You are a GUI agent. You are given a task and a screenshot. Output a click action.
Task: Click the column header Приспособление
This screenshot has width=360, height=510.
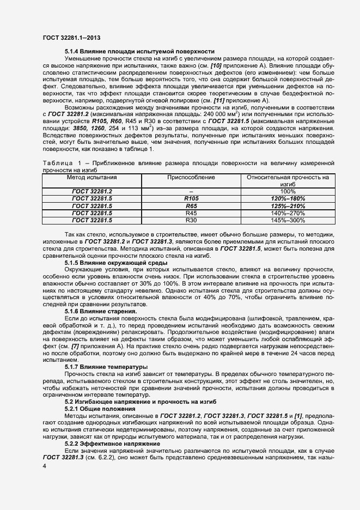coord(191,178)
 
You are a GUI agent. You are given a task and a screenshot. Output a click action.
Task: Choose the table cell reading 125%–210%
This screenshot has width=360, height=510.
coord(288,207)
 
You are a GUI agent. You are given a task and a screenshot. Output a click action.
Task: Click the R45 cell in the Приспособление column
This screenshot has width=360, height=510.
coord(191,214)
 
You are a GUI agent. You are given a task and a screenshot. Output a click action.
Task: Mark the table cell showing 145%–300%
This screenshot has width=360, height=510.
coord(288,221)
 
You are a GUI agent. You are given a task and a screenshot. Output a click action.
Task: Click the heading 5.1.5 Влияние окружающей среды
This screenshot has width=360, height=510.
coord(116,263)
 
